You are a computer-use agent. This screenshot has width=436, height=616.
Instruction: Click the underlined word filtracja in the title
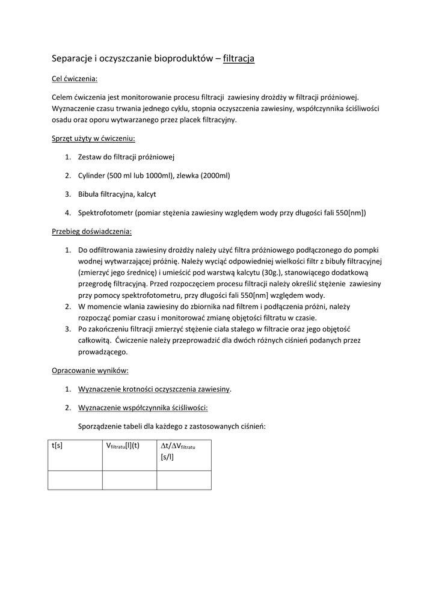point(239,58)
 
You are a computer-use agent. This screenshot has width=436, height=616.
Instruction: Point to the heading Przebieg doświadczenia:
point(91,231)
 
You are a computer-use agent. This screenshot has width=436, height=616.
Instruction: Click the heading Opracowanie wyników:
point(90,370)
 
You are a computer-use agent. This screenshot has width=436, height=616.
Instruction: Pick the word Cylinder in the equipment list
point(92,176)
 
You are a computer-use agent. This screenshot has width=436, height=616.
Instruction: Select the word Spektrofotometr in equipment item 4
point(105,212)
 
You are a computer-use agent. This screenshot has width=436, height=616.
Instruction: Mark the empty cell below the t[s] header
point(75,480)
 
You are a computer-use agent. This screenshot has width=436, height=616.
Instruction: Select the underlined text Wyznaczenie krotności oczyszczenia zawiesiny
point(154,389)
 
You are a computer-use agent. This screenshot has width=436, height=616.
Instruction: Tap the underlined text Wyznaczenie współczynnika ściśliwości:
point(143,408)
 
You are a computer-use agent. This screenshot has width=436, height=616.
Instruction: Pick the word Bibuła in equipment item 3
point(90,194)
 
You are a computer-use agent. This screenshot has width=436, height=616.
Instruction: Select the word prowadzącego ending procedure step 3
point(103,353)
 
